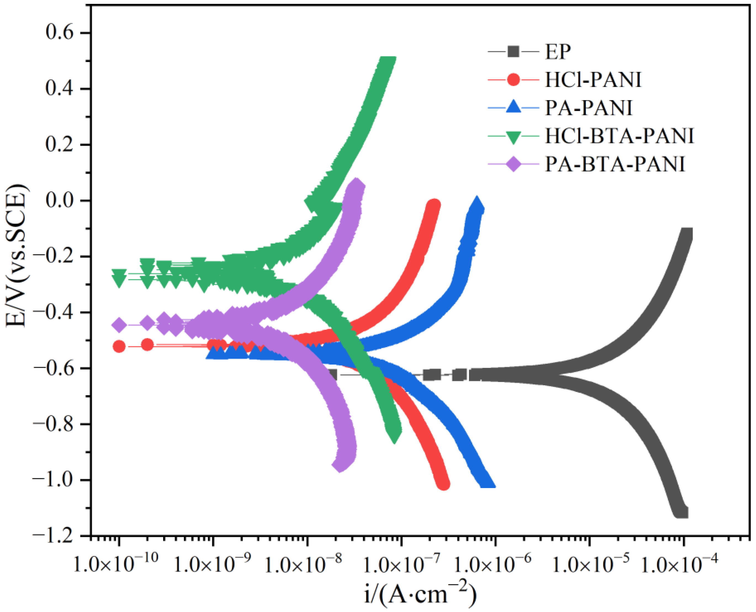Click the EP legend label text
click(558, 52)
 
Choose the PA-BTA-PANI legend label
click(615, 164)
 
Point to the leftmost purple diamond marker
click(119, 325)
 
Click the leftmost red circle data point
click(119, 346)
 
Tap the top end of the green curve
click(386, 60)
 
